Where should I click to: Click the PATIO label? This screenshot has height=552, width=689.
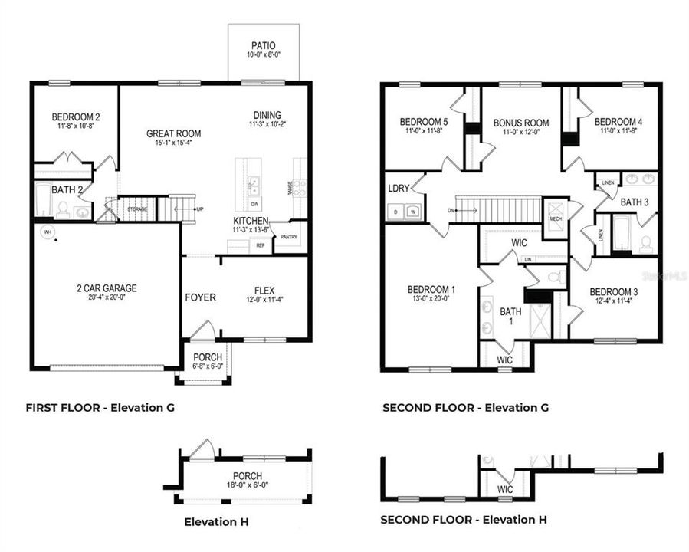[x=264, y=45]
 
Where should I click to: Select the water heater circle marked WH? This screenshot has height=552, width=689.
[x=48, y=231]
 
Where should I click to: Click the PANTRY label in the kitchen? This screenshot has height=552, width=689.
[x=289, y=238]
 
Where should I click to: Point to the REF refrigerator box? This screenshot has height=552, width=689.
[x=260, y=245]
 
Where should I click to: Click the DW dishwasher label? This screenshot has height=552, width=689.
[x=254, y=204]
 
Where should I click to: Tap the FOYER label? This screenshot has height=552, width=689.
[x=200, y=297]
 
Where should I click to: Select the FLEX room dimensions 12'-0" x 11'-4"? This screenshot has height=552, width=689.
[x=264, y=300]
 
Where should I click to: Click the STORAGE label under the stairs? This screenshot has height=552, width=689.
[x=137, y=209]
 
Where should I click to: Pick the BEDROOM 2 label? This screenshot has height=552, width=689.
[x=76, y=117]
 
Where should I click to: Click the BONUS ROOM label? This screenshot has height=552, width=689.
[x=521, y=123]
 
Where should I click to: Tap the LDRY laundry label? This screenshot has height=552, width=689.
[x=399, y=188]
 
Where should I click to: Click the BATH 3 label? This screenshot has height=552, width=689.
[x=635, y=202]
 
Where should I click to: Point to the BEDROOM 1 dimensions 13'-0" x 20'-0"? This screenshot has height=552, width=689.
[x=431, y=299]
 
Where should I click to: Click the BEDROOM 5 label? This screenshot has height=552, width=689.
[x=424, y=122]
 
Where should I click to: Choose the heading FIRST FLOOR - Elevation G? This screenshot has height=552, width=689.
[x=100, y=408]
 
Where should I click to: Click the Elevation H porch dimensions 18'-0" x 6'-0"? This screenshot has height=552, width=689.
[x=243, y=486]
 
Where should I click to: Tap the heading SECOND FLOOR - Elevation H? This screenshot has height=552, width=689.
[x=464, y=520]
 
